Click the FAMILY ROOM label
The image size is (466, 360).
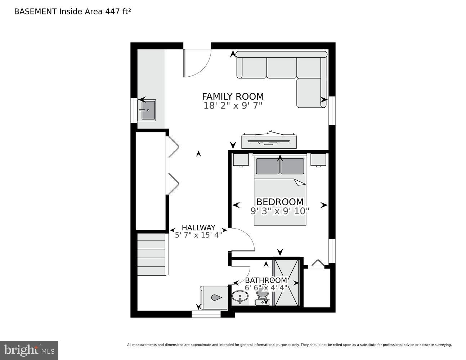click(233, 96)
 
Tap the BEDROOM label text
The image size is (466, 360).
click(280, 202)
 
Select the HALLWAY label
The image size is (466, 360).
click(198, 228)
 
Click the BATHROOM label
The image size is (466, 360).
click(266, 280)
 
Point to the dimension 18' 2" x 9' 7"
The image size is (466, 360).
click(233, 106)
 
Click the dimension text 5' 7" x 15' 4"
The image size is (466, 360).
click(198, 235)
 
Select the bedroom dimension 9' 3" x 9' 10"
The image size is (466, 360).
click(280, 211)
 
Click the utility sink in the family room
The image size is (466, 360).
click(148, 110)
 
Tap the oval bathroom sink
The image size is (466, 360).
click(239, 297)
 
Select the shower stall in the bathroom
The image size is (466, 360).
click(287, 282)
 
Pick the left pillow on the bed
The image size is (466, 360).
click(267, 166)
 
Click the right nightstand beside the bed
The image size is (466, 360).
click(318, 160)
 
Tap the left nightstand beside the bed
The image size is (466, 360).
click(241, 160)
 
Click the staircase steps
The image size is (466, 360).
click(152, 254)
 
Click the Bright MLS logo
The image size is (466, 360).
click(29, 350)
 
